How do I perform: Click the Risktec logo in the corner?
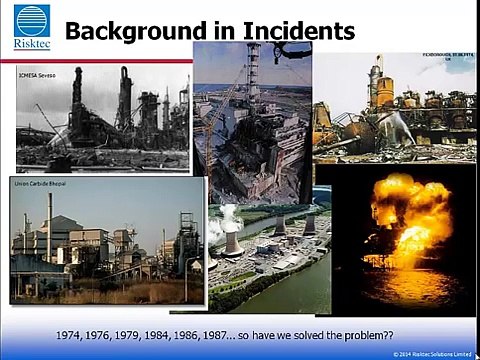[x=32, y=27]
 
